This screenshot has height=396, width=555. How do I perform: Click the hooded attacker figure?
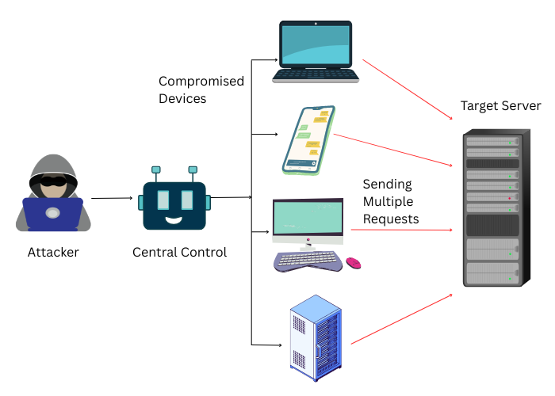pyautogui.click(x=53, y=194)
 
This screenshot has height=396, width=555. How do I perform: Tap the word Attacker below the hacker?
pyautogui.click(x=53, y=253)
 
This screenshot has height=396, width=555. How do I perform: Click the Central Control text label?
pyautogui.click(x=179, y=253)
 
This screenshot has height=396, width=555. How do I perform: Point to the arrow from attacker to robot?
pyautogui.click(x=111, y=198)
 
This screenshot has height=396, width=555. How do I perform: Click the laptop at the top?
pyautogui.click(x=316, y=52)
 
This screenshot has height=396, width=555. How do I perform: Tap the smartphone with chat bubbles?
pyautogui.click(x=310, y=140)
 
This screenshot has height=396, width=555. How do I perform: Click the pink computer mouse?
pyautogui.click(x=353, y=263)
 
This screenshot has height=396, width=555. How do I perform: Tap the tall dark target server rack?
pyautogui.click(x=492, y=209)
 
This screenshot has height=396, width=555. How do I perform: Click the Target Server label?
pyautogui.click(x=500, y=106)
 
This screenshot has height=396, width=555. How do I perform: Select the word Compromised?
pyautogui.click(x=201, y=82)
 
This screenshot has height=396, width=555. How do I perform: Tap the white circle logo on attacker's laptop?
pyautogui.click(x=52, y=213)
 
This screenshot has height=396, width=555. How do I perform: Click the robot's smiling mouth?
pyautogui.click(x=174, y=218)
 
